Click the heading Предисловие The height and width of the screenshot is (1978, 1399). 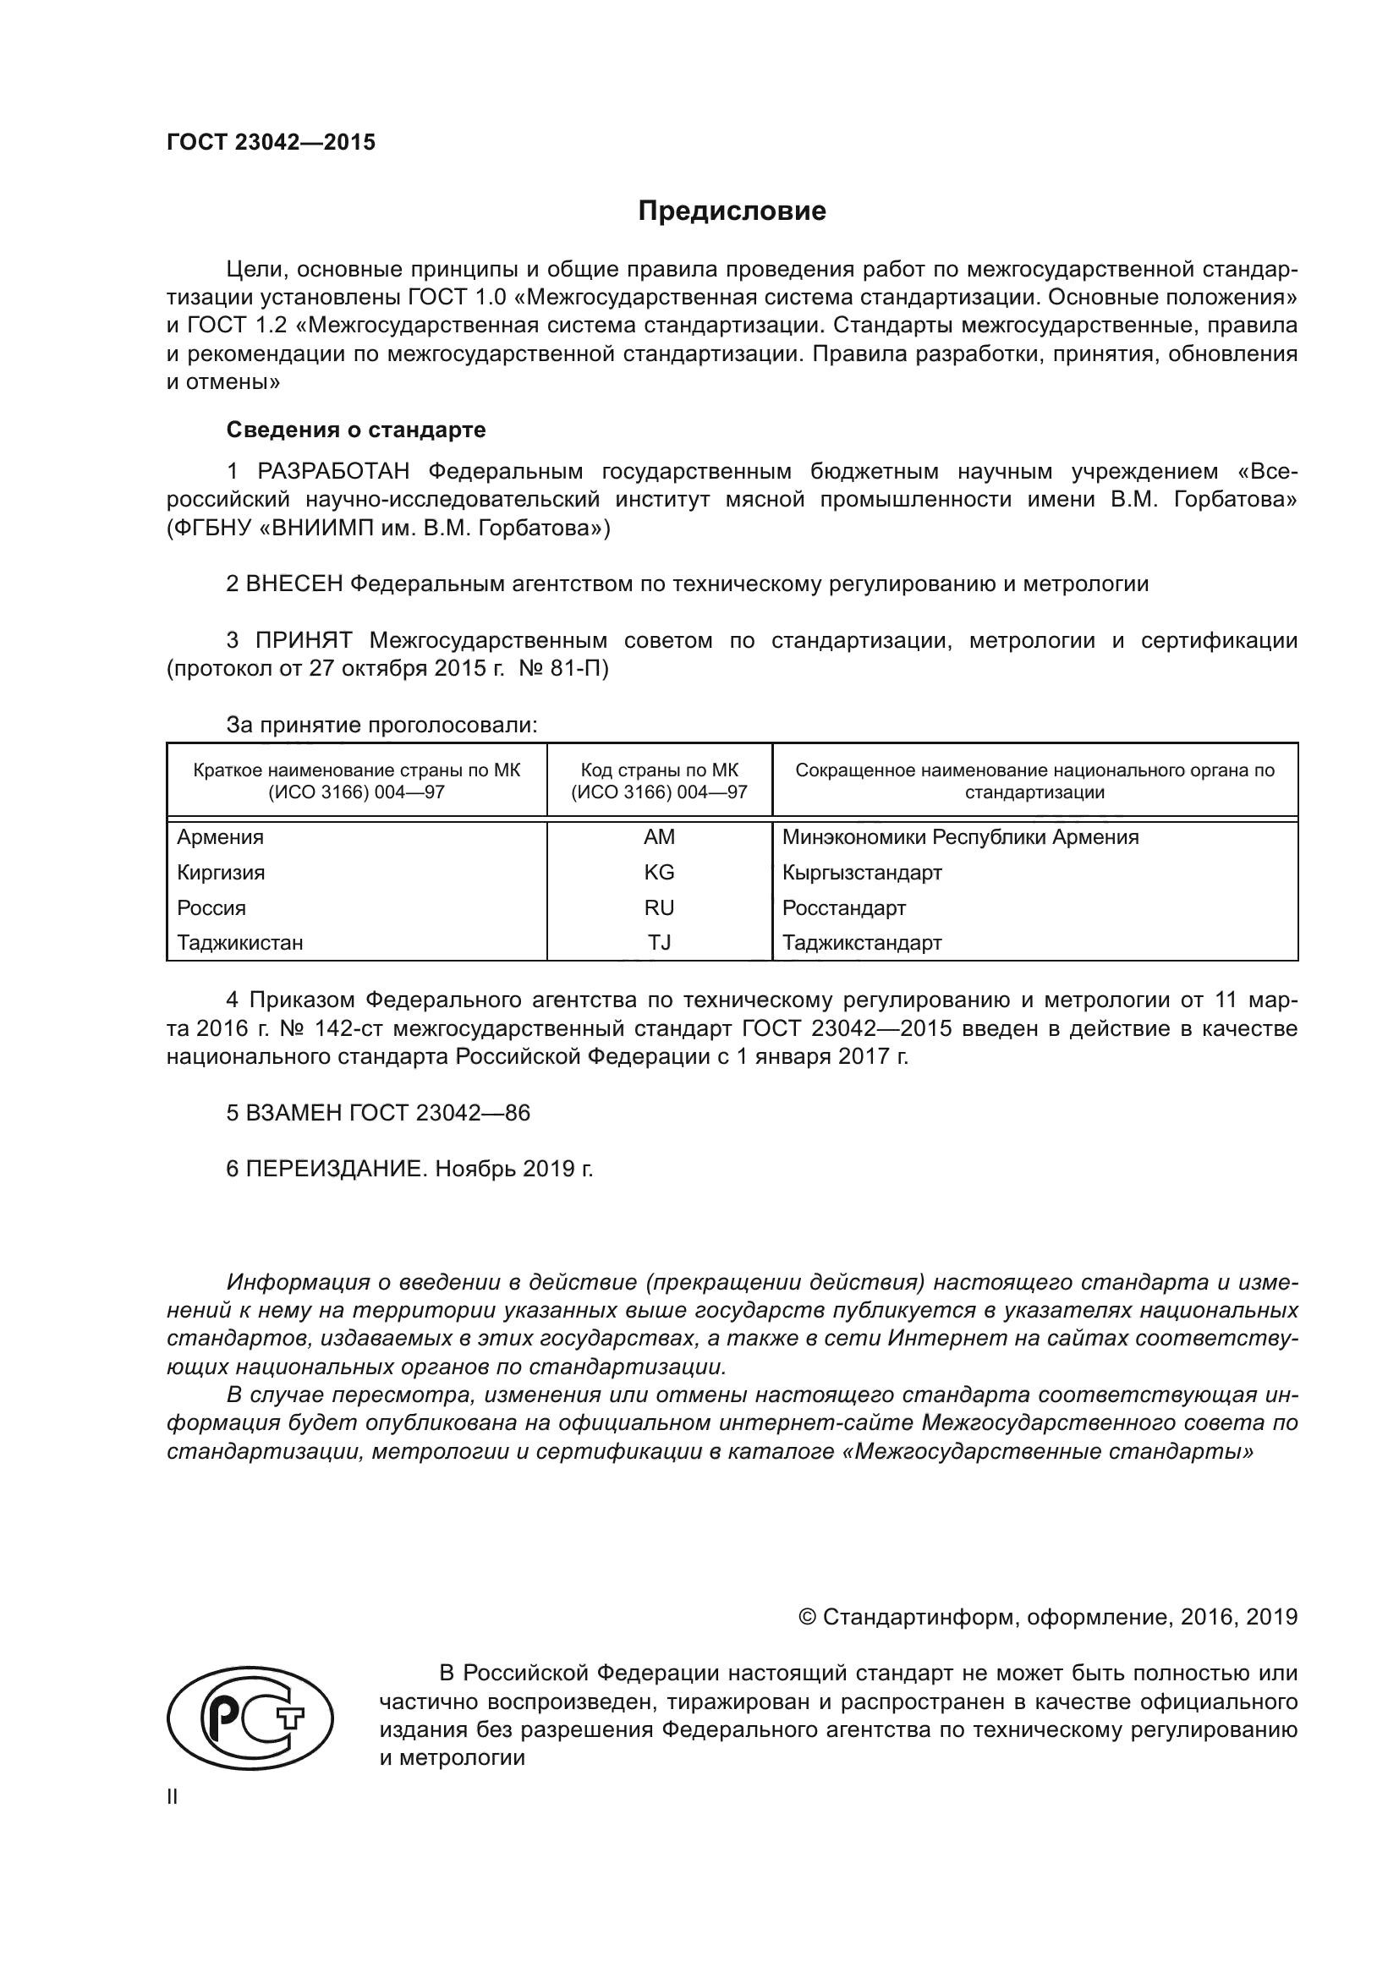732,211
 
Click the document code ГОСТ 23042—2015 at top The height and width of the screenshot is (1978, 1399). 272,142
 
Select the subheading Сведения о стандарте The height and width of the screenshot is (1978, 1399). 356,429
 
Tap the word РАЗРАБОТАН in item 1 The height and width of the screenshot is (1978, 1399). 332,471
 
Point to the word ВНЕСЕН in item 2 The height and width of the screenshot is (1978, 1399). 294,584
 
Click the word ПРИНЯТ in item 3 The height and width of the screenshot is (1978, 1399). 304,640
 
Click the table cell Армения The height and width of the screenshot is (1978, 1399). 221,837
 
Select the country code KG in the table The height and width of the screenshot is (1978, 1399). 659,873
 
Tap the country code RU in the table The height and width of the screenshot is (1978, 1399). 659,908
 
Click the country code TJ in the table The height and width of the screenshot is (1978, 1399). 659,942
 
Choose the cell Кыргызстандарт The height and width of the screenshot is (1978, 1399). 862,873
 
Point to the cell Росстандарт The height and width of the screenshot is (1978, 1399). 844,908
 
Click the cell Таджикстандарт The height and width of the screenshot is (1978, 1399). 862,942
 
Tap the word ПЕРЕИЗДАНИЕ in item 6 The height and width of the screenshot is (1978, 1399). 336,1169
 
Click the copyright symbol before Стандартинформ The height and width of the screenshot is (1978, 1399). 807,1617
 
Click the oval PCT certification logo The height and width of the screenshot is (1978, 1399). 250,1718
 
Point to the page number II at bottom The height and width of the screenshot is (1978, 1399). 173,1796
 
